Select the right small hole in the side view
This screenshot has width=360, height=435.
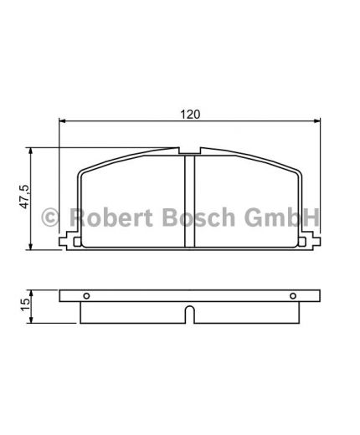pyautogui.click(x=292, y=295)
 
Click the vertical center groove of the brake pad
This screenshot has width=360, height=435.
pyautogui.click(x=189, y=201)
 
